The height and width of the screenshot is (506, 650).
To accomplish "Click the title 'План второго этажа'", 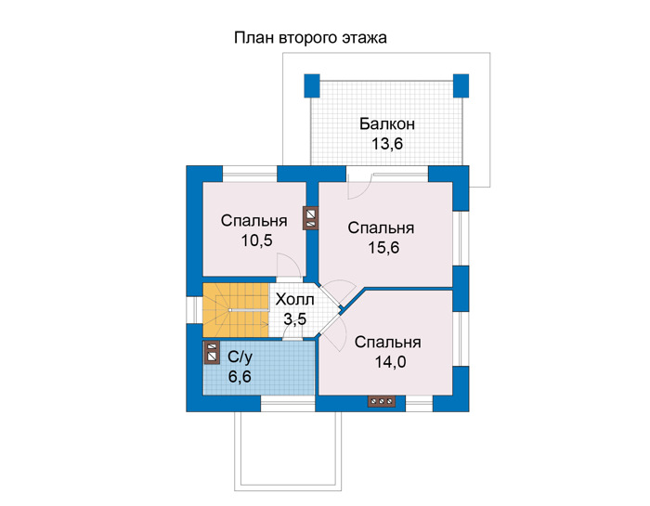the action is [310, 38].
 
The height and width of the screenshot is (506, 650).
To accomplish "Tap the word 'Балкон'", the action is [387, 123].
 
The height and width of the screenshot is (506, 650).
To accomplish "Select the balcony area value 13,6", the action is [387, 144].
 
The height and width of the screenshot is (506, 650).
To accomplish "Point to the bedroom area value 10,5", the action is [256, 240].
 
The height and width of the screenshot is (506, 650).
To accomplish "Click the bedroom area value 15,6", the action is [383, 247].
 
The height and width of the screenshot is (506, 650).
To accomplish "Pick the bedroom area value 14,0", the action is [391, 362].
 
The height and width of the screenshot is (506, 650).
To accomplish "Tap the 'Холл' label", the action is [294, 299].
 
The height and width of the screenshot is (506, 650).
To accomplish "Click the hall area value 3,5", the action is [294, 319].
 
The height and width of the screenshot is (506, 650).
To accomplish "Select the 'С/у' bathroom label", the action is [240, 357].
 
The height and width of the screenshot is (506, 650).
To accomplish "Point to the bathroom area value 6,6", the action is [240, 377].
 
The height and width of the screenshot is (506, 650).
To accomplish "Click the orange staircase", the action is [236, 310].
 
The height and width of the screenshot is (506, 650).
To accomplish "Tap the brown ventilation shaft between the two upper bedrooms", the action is [311, 218].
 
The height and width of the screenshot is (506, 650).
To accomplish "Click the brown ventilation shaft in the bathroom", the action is [212, 353].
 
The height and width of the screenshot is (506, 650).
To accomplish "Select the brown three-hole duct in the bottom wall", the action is [382, 401].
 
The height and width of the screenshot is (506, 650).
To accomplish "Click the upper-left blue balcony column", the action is [312, 85].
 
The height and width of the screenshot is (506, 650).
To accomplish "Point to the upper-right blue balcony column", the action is [461, 85].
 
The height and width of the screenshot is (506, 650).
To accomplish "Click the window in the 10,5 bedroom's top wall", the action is [250, 174].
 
